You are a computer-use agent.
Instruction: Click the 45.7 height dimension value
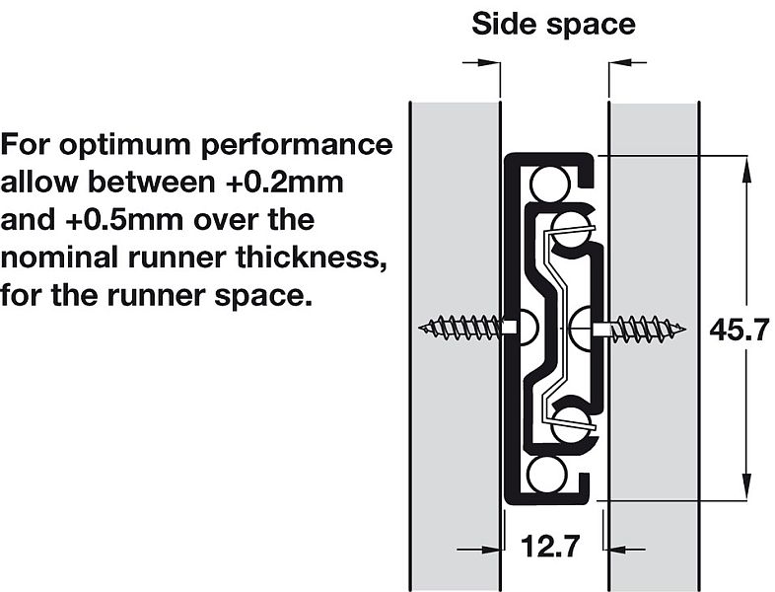740,330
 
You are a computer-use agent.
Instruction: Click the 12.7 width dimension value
550,547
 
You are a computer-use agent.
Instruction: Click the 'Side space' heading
553,24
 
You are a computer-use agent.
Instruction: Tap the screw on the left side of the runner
467,328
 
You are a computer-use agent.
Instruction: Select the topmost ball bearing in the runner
548,184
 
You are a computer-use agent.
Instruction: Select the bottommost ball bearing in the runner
546,475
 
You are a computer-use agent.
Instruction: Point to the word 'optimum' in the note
128,145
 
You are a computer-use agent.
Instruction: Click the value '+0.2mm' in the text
285,182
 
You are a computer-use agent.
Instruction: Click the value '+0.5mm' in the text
125,220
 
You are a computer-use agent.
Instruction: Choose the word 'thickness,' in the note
311,258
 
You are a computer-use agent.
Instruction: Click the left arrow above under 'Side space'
481,63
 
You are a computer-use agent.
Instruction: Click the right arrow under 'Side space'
627,63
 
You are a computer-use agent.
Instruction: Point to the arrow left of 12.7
478,549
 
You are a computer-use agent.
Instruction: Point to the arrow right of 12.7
627,549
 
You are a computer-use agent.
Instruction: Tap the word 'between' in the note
152,182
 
